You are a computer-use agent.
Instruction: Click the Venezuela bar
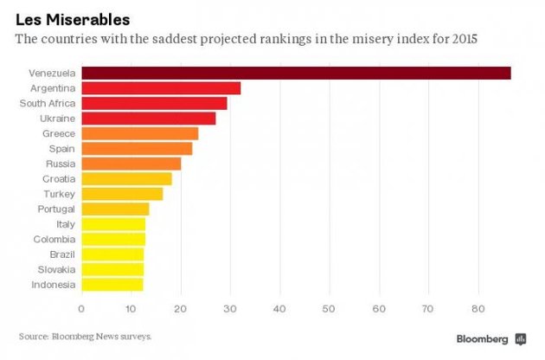[295, 73]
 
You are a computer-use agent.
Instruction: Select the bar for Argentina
[160, 88]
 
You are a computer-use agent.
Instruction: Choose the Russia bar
[131, 164]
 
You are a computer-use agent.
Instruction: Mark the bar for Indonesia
[112, 284]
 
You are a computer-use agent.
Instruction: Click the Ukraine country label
[57, 118]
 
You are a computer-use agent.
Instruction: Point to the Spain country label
[61, 148]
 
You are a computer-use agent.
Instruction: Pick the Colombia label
[54, 239]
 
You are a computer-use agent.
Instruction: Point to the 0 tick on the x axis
[81, 307]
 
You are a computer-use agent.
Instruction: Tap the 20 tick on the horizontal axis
[180, 307]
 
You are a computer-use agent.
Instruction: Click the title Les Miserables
[73, 17]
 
